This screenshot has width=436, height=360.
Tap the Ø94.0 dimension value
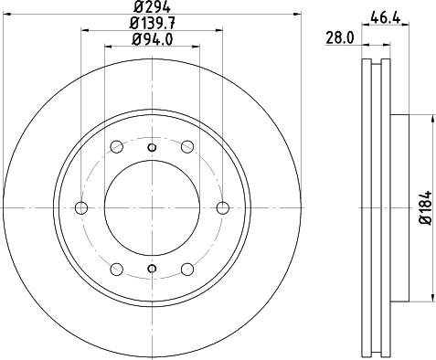click(x=152, y=38)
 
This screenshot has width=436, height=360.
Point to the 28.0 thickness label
click(x=340, y=37)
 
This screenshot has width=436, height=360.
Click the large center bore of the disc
click(x=152, y=208)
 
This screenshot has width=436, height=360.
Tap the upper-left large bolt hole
click(x=116, y=147)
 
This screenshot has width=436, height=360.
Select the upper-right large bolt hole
click(x=187, y=147)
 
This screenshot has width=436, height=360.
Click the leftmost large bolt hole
click(x=80, y=208)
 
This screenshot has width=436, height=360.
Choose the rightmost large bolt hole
click(x=223, y=208)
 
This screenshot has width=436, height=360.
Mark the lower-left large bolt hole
click(x=116, y=270)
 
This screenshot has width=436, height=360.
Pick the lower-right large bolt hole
click(x=187, y=270)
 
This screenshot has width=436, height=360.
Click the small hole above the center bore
click(x=152, y=148)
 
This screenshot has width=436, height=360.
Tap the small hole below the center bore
click(x=152, y=269)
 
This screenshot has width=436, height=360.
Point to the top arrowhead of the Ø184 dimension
click(x=431, y=118)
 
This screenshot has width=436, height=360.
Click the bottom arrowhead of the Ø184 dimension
click(x=431, y=298)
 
